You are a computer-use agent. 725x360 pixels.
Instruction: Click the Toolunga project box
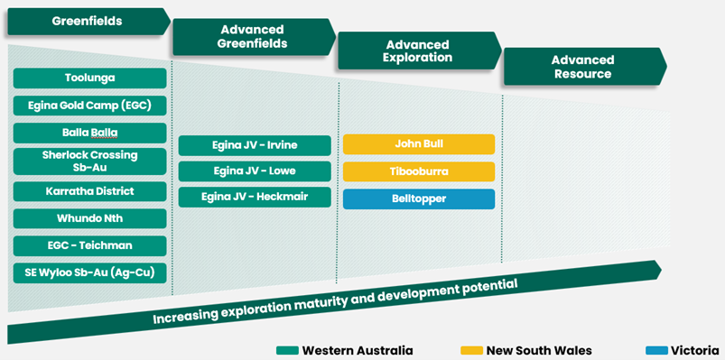click(89, 78)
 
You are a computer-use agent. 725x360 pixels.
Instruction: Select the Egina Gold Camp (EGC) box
click(89, 106)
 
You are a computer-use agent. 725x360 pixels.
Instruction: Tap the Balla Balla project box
click(89, 133)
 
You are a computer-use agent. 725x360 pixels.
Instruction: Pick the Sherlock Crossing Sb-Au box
click(89, 162)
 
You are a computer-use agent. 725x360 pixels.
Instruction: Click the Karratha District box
click(89, 191)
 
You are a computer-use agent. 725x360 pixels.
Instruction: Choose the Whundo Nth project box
click(89, 218)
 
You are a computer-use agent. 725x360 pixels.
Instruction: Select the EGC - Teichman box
click(89, 245)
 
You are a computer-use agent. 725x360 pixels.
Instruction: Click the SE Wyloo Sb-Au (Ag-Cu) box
click(89, 272)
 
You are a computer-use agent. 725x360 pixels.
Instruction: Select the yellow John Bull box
click(419, 144)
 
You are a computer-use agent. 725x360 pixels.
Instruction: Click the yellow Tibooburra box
click(419, 171)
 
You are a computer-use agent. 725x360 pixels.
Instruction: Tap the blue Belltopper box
click(419, 198)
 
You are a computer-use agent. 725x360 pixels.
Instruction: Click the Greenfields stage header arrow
click(86, 21)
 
